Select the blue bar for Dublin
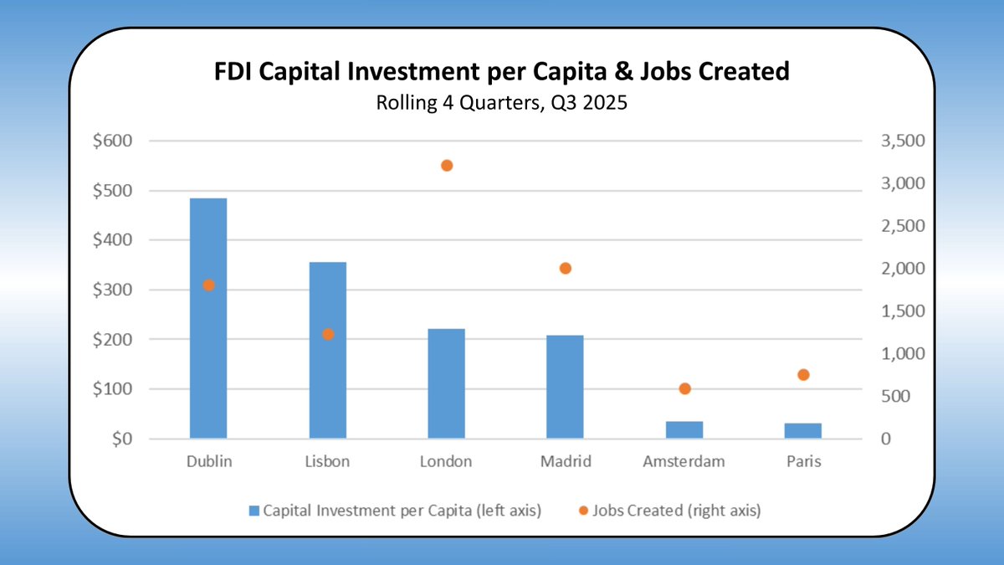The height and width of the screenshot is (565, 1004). coord(208,352)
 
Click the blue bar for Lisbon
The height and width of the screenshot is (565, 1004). coord(328,377)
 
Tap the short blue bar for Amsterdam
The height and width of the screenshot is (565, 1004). coord(684,429)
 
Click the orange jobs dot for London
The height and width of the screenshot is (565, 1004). coord(447,166)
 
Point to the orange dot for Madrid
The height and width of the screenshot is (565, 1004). coord(565,269)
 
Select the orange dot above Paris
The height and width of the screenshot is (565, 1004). coord(803,375)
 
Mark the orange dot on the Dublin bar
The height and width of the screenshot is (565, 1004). coord(209,285)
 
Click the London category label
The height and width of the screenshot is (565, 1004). coord(447,462)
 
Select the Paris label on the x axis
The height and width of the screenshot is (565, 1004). coord(803,462)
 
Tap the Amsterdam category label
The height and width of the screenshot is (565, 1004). coord(684,462)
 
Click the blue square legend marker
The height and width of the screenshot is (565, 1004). coord(254,511)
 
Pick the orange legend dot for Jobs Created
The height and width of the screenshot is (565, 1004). coord(584,511)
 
